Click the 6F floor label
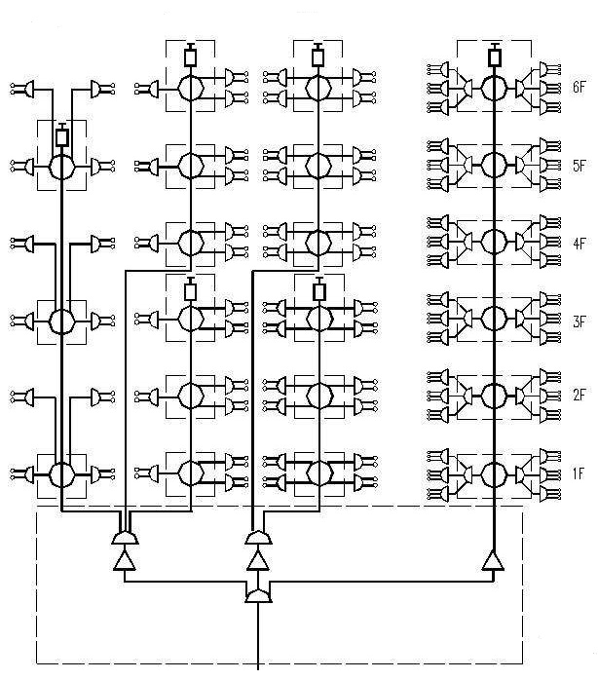click(579, 87)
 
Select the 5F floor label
click(579, 166)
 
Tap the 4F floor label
click(579, 243)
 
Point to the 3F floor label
click(579, 321)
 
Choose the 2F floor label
click(579, 395)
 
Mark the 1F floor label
click(579, 473)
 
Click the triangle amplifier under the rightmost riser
click(494, 561)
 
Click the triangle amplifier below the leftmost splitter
click(125, 561)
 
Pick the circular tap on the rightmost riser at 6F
click(495, 88)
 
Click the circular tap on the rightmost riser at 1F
click(495, 474)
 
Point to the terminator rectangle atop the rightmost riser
click(495, 57)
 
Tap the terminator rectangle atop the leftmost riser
click(61, 136)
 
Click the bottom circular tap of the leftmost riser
click(61, 474)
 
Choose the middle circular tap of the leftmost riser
click(61, 321)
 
